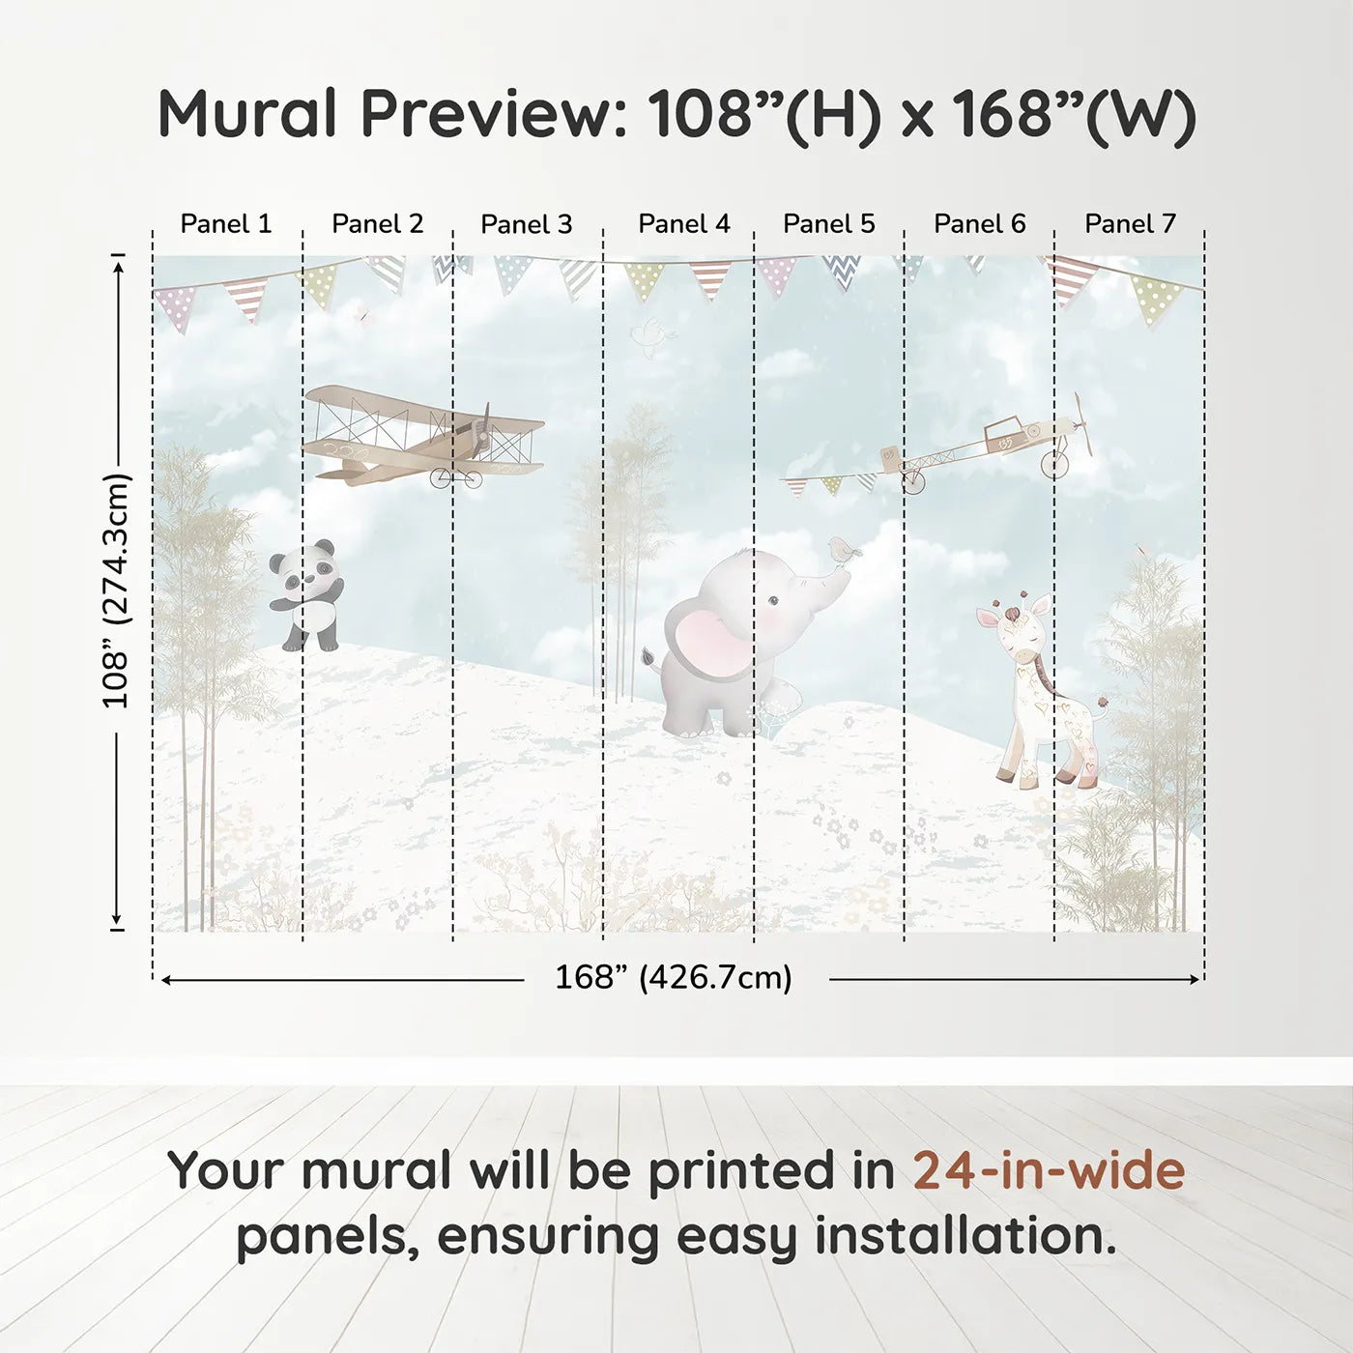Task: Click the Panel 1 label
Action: (x=226, y=224)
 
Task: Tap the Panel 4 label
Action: (x=684, y=224)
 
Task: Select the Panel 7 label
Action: (x=1130, y=224)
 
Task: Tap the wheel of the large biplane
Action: (x=468, y=476)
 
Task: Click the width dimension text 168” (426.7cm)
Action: (x=674, y=978)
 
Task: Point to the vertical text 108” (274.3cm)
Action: (x=117, y=591)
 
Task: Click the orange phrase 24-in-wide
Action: (x=1049, y=1170)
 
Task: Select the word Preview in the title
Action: (x=494, y=114)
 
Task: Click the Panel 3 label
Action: (x=527, y=224)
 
